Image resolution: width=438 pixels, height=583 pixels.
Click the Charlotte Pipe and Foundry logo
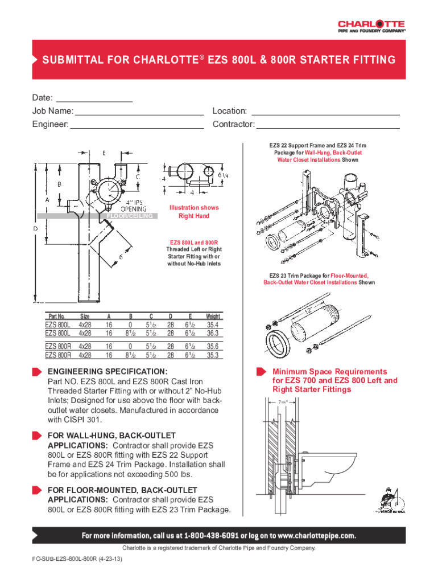pyautogui.click(x=371, y=27)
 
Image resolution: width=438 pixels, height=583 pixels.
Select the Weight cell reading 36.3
pyautogui.click(x=213, y=332)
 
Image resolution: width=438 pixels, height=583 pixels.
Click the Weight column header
pyautogui.click(x=213, y=316)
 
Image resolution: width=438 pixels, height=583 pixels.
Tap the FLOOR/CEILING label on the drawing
pyautogui.click(x=130, y=216)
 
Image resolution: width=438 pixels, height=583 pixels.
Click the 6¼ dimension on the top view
pyautogui.click(x=224, y=175)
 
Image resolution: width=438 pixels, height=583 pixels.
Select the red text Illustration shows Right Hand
pyautogui.click(x=194, y=212)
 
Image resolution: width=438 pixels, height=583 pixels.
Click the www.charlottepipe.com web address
pyautogui.click(x=316, y=536)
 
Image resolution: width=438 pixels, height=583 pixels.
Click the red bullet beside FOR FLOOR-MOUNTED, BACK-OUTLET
pyautogui.click(x=38, y=490)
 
